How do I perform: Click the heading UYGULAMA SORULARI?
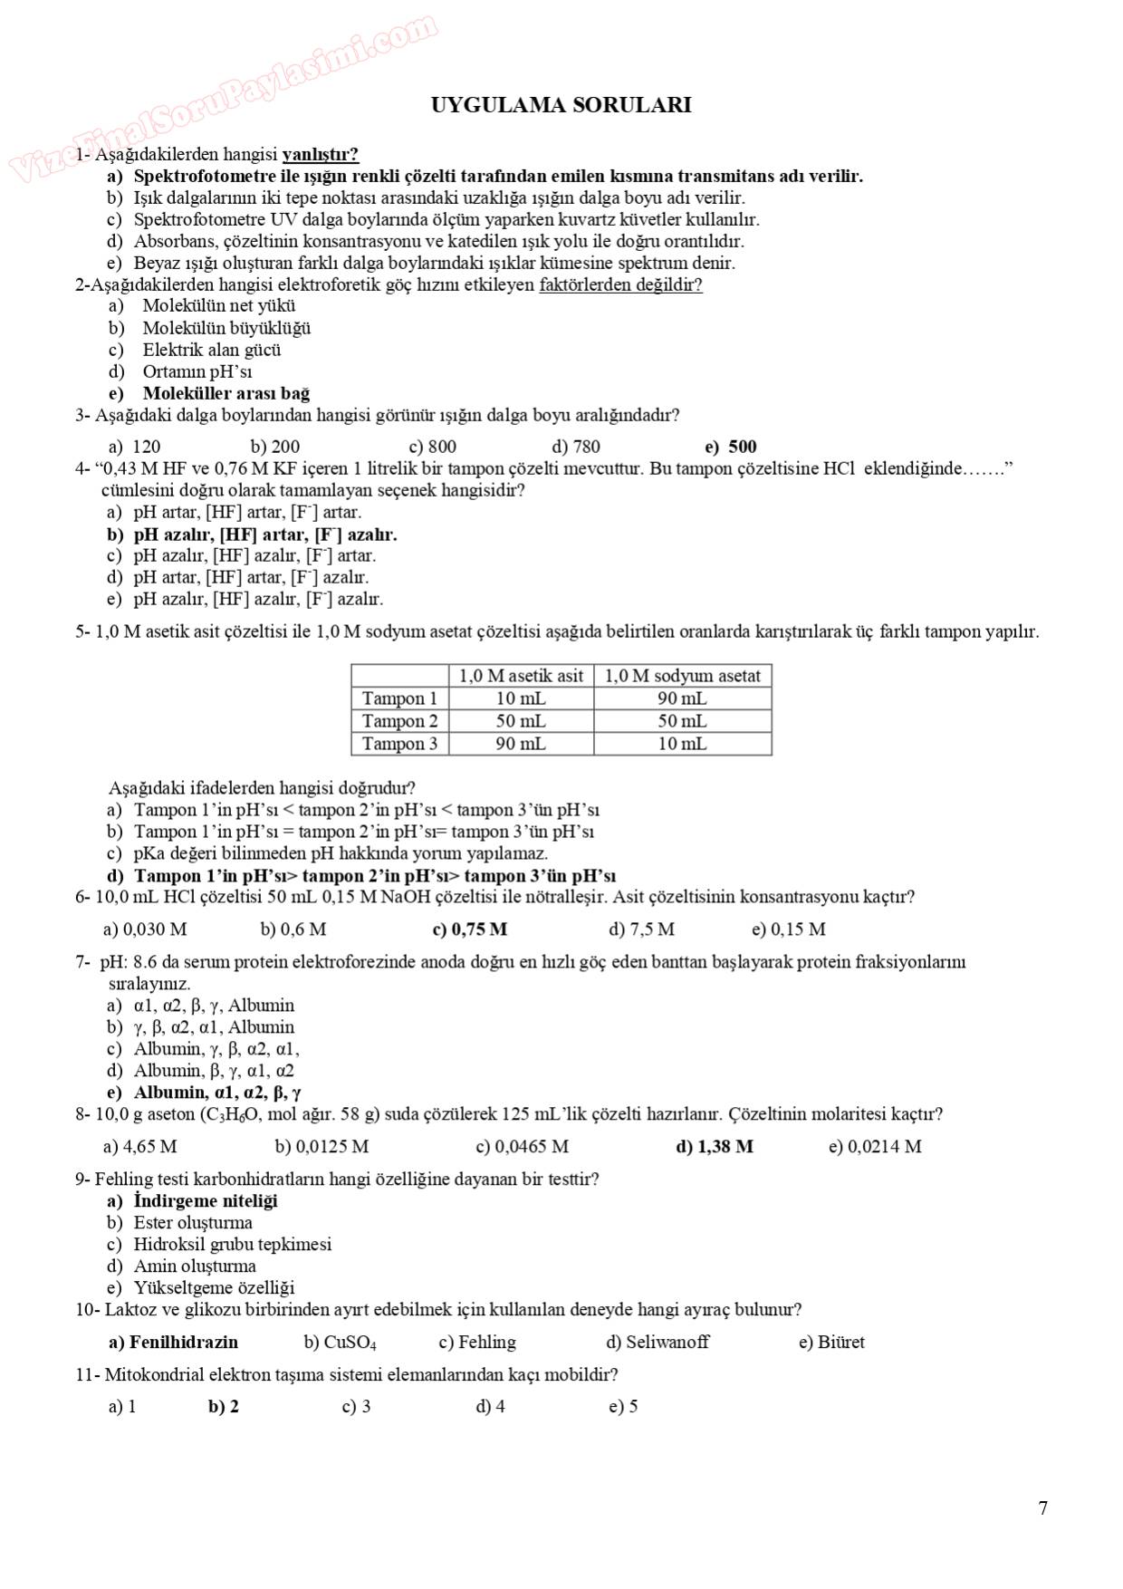tap(561, 105)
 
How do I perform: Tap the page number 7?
tap(1042, 1507)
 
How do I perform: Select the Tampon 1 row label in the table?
tap(399, 698)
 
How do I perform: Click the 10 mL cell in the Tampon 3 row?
tap(682, 744)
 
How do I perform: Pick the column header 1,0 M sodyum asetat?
tap(682, 676)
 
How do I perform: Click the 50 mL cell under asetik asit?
tap(521, 721)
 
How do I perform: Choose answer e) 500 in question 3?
tap(731, 447)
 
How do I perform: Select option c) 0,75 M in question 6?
tap(470, 929)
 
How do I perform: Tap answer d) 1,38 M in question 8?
tap(715, 1147)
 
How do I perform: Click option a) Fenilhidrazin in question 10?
tap(173, 1343)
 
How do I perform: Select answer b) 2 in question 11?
tap(224, 1407)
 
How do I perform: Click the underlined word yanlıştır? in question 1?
tap(321, 155)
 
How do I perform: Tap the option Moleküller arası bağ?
tap(226, 393)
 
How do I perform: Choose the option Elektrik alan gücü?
tap(211, 350)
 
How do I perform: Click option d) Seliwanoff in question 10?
tap(657, 1343)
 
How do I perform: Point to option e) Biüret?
tap(831, 1343)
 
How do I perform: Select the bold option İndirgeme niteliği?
tap(205, 1201)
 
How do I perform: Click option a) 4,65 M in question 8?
tap(140, 1147)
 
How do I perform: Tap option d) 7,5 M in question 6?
tap(641, 929)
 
